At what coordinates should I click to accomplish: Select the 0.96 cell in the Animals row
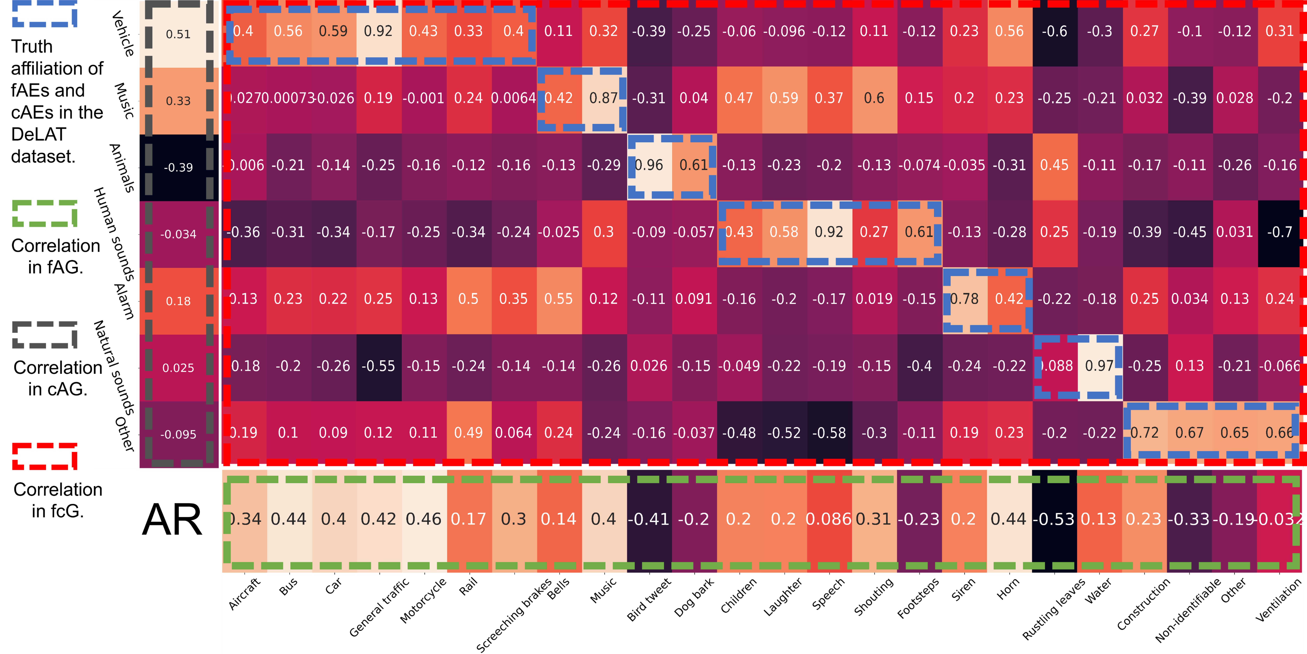tap(649, 166)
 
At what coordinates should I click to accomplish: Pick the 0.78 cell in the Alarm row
tap(964, 299)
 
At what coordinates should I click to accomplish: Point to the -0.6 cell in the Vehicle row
tap(1054, 32)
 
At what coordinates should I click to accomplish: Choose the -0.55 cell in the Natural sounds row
tap(378, 366)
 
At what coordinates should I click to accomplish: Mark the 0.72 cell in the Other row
tap(1145, 433)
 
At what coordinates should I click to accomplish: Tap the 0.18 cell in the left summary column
tap(178, 301)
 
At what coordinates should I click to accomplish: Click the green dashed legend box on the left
tap(45, 213)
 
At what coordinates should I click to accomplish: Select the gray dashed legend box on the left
tap(45, 335)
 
